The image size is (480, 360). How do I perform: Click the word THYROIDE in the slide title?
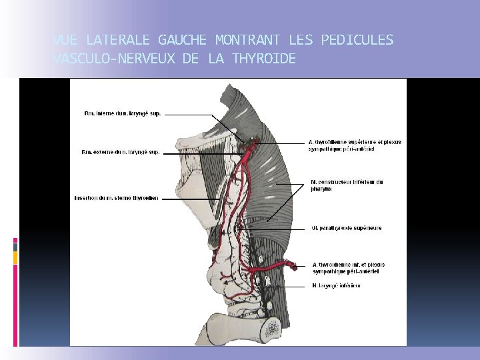(264, 59)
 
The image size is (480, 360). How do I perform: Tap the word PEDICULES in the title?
(357, 40)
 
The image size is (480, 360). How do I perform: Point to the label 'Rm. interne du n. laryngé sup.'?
(123, 114)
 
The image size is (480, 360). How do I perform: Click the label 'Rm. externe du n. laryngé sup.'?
(121, 152)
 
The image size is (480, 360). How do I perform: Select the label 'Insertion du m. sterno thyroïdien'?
(117, 198)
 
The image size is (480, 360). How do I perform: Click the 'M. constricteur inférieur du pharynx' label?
(347, 185)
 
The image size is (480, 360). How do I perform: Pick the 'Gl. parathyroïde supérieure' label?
(347, 229)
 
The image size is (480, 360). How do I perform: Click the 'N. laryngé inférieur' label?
(337, 285)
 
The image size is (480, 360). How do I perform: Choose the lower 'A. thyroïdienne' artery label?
(349, 267)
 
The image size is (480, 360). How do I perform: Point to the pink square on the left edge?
(15, 240)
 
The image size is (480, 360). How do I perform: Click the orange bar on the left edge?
(15, 257)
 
